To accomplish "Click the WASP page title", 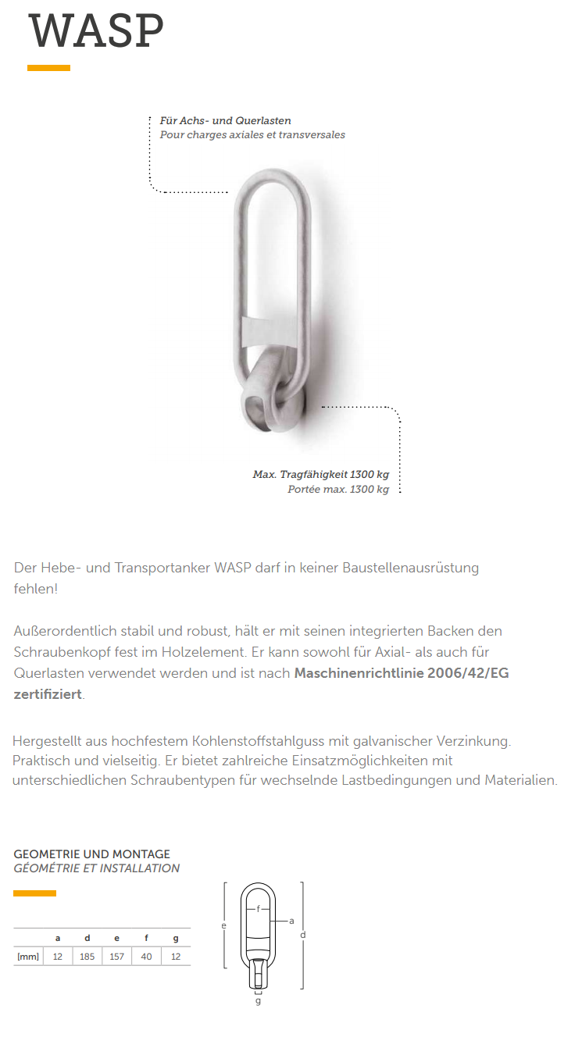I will click(97, 31).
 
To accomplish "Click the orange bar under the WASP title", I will click(48, 68).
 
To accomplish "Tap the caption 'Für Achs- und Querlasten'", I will click(225, 121).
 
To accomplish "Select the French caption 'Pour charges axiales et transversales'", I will click(252, 134).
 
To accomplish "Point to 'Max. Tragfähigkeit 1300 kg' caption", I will click(320, 475).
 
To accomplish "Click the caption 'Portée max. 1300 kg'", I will click(338, 490).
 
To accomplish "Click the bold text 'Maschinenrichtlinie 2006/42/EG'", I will click(402, 673).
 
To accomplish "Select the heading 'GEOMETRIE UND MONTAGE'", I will click(91, 854).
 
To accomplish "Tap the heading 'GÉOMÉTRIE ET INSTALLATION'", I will click(96, 868).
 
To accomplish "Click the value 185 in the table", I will click(87, 957).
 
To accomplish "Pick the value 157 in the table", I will click(116, 957).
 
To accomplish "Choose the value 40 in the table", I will click(146, 957).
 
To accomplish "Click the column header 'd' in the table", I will click(87, 938).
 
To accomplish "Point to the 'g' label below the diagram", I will click(258, 1001).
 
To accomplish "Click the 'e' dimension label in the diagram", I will click(223, 926).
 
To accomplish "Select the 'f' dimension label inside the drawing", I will click(258, 908).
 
